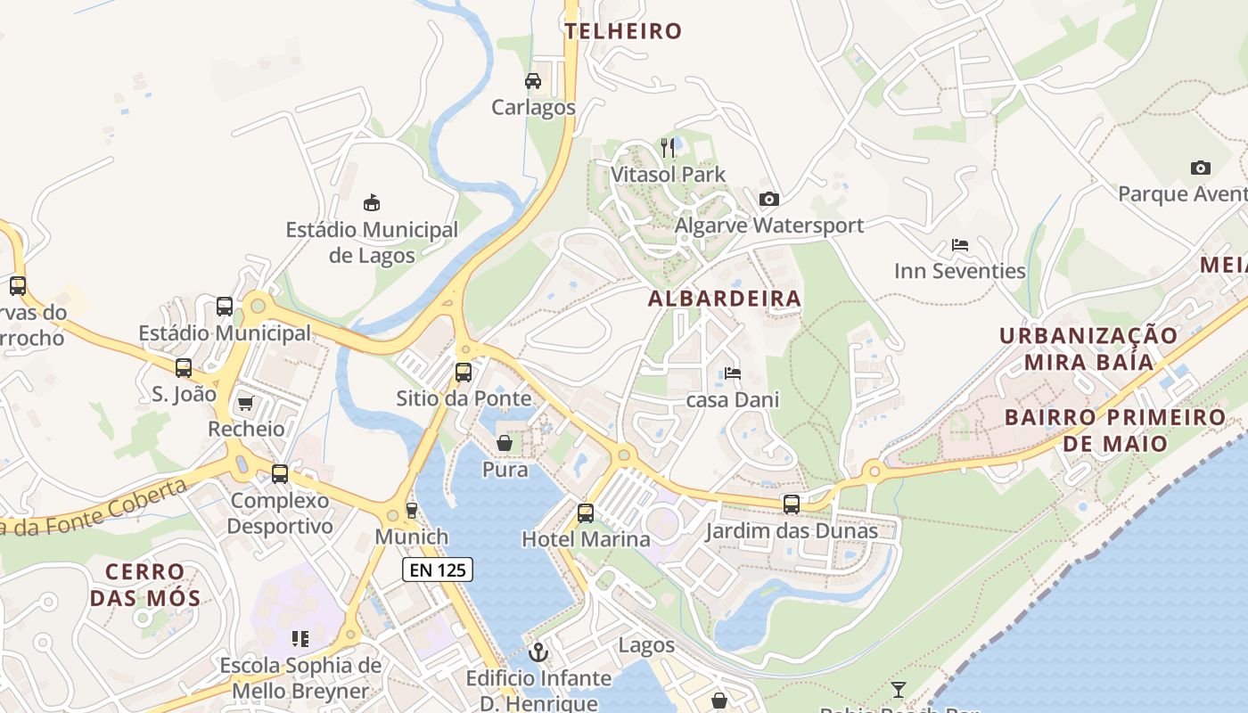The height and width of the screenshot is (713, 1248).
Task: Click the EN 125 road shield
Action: point(437,570)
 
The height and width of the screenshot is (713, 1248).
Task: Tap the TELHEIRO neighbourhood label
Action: point(623,31)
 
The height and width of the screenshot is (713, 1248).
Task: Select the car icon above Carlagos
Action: point(533,81)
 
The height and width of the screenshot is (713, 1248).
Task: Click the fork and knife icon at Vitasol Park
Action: point(668,147)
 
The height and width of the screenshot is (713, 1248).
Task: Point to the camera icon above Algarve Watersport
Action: point(768,199)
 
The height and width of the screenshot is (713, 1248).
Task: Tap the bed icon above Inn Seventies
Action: point(960,244)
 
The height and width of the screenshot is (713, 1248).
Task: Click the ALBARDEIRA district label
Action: point(724,299)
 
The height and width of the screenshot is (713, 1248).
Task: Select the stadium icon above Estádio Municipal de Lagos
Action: point(372,203)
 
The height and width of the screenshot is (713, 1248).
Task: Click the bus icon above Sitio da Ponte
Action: point(464,373)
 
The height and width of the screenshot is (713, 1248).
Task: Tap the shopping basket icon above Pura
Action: point(505,443)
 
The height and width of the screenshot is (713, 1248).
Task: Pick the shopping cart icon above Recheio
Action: point(246,404)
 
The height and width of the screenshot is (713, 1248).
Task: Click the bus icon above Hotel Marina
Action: point(586,513)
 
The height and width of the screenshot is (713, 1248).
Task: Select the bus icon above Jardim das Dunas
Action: point(792,504)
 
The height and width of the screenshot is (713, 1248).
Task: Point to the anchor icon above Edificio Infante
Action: point(538,652)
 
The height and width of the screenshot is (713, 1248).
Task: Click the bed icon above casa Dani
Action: point(733,373)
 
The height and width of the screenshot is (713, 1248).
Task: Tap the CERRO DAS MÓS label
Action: point(144,585)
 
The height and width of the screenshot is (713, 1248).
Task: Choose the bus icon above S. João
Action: point(184,367)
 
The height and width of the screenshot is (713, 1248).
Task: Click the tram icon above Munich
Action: point(411,511)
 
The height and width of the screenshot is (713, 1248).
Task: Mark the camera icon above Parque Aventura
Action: point(1201,168)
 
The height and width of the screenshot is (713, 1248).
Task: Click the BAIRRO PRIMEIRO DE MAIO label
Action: point(1115,430)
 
